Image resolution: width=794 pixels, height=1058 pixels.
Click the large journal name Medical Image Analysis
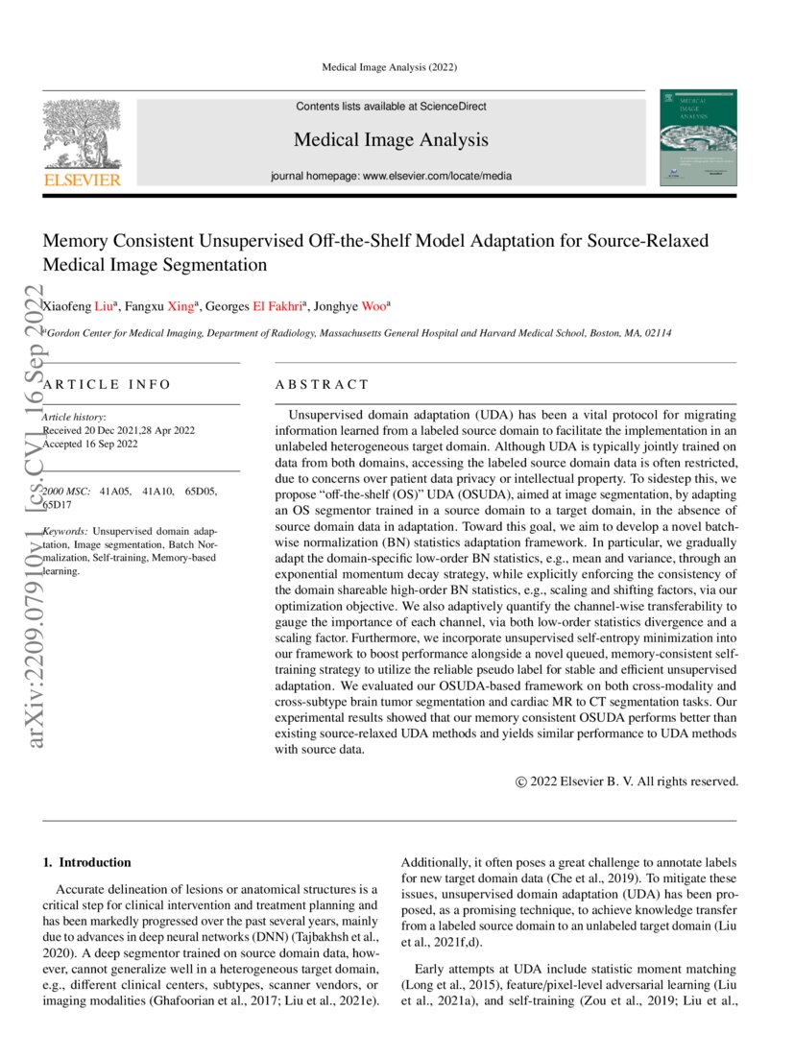391,140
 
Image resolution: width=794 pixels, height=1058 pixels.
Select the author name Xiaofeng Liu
81,307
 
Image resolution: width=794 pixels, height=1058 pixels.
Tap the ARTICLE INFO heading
107,384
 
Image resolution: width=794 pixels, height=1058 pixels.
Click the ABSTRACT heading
322,384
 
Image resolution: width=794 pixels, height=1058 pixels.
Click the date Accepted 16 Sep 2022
91,445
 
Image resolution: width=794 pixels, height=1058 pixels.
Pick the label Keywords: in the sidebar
66,531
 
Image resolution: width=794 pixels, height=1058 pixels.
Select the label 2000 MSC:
68,492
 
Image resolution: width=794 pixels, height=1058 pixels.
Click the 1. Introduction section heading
87,862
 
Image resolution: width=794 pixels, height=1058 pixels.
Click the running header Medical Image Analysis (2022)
389,67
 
